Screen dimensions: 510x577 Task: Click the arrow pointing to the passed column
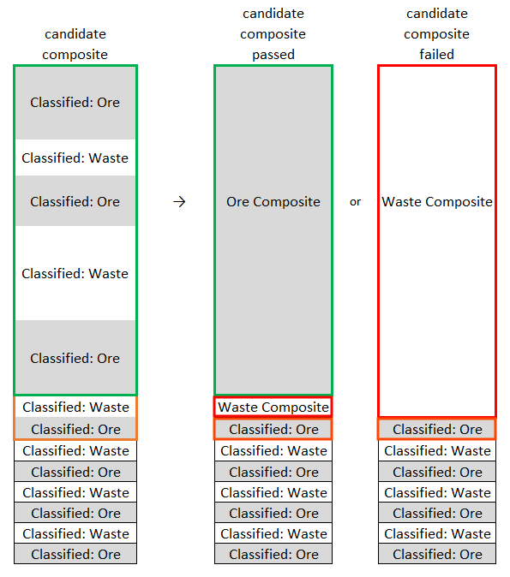click(179, 202)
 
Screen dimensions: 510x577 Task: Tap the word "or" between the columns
click(355, 202)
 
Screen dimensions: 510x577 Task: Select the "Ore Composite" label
click(273, 202)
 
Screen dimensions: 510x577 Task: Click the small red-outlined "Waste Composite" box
click(273, 407)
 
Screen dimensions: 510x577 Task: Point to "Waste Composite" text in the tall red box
click(437, 202)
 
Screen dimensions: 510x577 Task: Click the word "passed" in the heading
click(273, 55)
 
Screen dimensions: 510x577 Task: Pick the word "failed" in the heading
click(436, 54)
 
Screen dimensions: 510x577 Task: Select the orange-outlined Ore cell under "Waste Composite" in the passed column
click(273, 429)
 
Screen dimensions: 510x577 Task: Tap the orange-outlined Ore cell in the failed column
click(437, 429)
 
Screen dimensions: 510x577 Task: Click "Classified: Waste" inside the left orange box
click(75, 407)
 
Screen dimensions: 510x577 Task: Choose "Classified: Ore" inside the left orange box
click(75, 429)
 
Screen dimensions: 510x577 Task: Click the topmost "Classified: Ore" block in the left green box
click(75, 103)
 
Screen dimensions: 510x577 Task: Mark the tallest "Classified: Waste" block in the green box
click(75, 273)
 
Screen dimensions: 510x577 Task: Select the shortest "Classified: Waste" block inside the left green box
click(75, 158)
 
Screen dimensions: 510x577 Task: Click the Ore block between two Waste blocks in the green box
click(75, 201)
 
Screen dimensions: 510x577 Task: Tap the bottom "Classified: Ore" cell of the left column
click(75, 554)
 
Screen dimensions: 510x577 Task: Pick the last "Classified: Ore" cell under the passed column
click(273, 554)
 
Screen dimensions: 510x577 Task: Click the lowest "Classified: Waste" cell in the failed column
click(437, 533)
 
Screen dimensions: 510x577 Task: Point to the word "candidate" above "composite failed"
click(437, 14)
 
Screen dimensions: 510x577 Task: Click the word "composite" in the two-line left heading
click(75, 55)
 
